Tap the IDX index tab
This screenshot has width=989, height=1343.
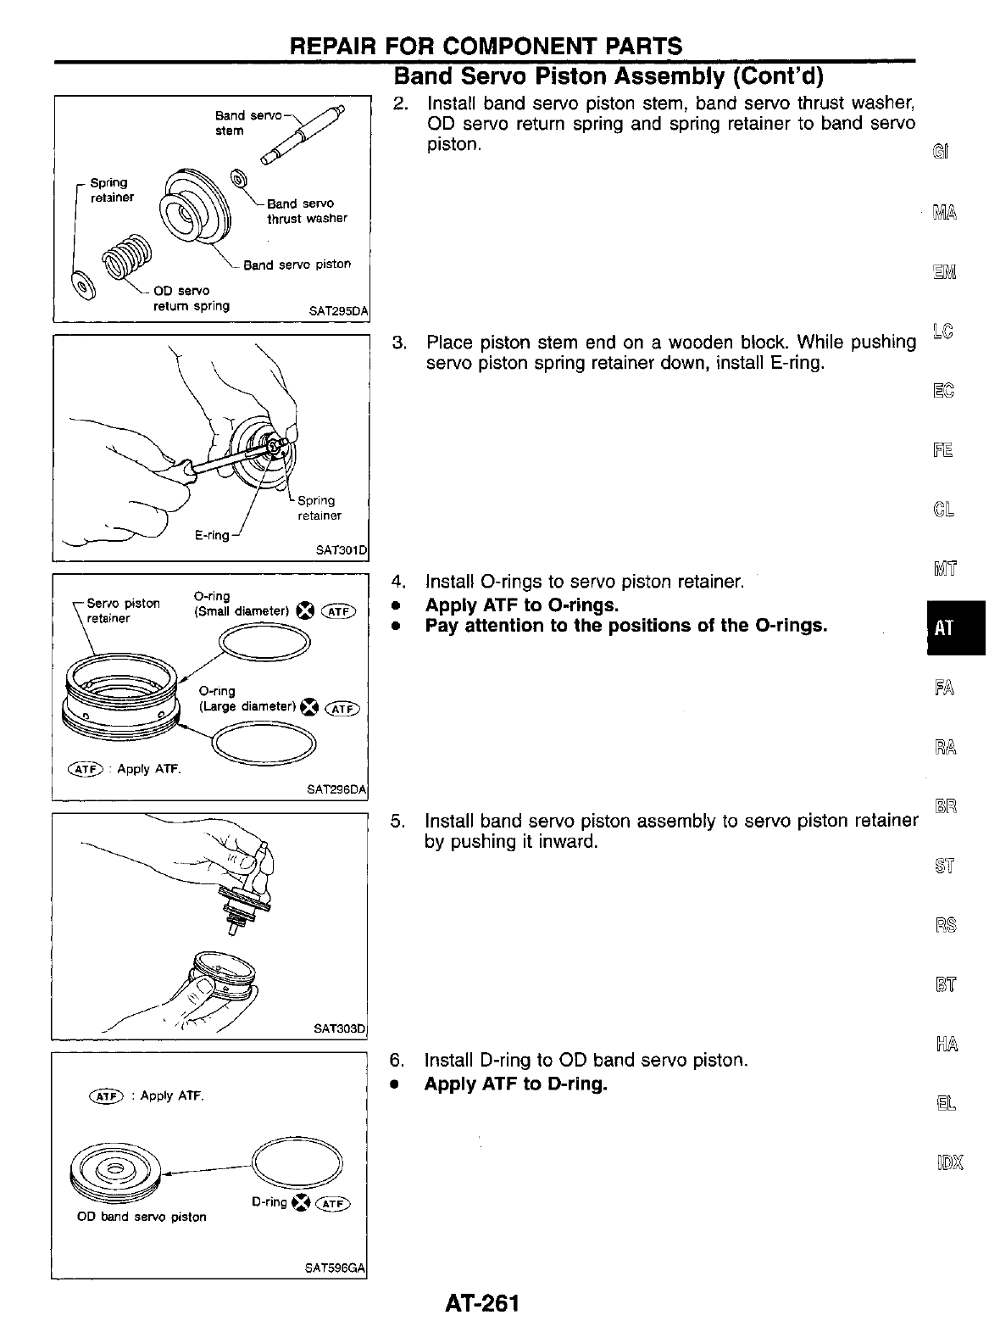[947, 1161]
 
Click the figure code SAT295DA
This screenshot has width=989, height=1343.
[340, 311]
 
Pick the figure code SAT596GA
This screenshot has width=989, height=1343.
[336, 1268]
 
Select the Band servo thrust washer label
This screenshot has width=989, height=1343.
[306, 211]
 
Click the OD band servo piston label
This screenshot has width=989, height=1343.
[141, 1217]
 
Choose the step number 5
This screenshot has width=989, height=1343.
[396, 821]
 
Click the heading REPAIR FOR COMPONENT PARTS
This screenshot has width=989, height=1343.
[486, 46]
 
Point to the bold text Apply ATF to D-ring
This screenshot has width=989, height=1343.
[515, 1084]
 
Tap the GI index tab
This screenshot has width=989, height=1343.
[940, 152]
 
